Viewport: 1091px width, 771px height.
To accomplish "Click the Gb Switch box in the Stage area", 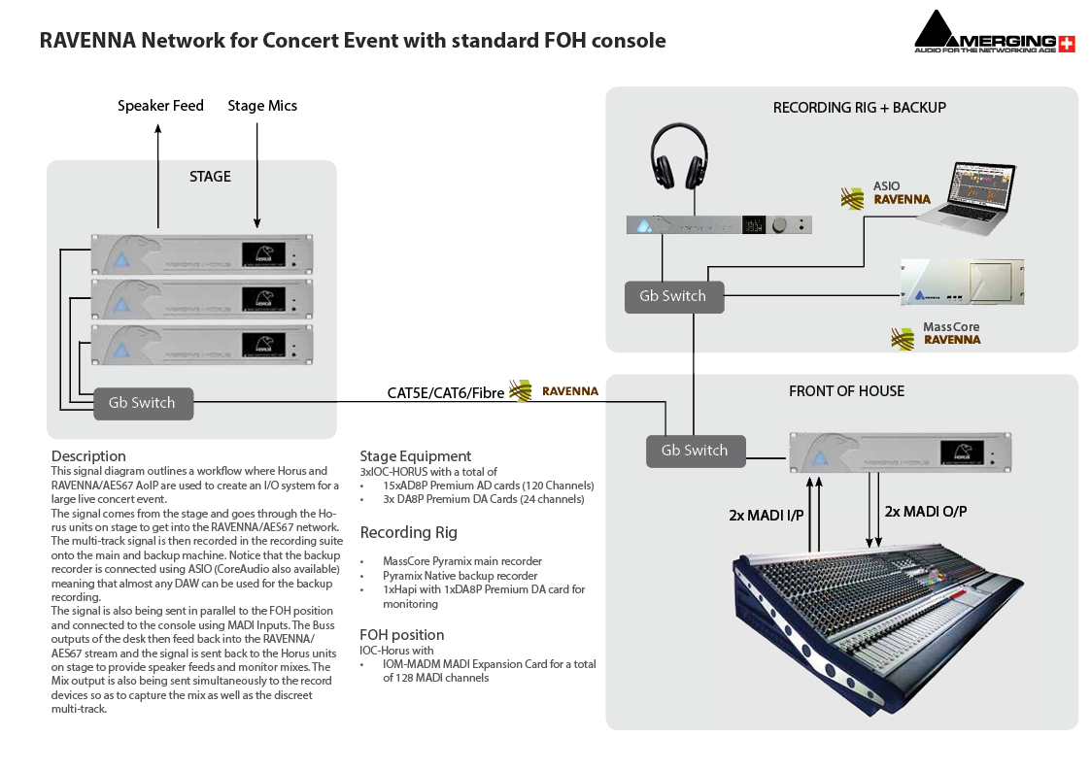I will pyautogui.click(x=143, y=403).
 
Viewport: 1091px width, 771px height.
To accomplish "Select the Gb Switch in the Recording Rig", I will pyautogui.click(x=672, y=296).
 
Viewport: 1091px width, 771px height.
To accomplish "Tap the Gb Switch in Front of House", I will pyautogui.click(x=694, y=451).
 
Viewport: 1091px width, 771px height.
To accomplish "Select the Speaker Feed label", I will pyautogui.click(x=160, y=106).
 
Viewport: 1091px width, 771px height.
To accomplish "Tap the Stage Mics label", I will pyautogui.click(x=262, y=106).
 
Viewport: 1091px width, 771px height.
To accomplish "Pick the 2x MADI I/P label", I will pyautogui.click(x=767, y=516).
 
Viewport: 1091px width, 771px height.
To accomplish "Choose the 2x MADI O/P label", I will pyautogui.click(x=925, y=511).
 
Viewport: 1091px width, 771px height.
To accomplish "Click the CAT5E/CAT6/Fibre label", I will pyautogui.click(x=445, y=393).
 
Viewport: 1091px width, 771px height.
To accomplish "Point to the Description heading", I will pyautogui.click(x=88, y=456).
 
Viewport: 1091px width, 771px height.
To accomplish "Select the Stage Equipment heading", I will pyautogui.click(x=415, y=456).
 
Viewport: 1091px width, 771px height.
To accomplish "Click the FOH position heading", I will pyautogui.click(x=401, y=635).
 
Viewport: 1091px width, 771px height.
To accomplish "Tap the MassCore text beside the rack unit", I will pyautogui.click(x=951, y=328).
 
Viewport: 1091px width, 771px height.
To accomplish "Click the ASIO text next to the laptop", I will pyautogui.click(x=886, y=185).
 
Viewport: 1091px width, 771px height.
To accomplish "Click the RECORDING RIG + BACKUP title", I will pyautogui.click(x=859, y=108).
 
